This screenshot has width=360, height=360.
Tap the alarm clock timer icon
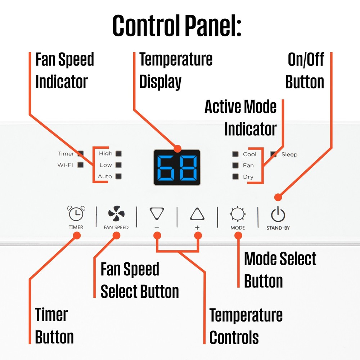coord(76,213)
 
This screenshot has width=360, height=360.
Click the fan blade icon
coord(116,213)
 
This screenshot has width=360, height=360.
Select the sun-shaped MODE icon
coord(238,214)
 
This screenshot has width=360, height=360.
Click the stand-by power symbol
coord(278,214)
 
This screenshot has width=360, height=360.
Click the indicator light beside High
coord(118,154)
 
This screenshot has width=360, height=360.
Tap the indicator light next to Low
coord(118,165)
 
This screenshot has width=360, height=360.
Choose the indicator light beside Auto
coord(118,176)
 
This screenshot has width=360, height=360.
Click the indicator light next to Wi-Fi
coord(80,165)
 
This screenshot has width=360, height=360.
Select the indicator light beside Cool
coord(235,154)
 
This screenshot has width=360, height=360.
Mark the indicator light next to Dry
coord(235,176)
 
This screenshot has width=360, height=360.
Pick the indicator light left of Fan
coord(235,165)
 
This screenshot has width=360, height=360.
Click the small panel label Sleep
coord(289,154)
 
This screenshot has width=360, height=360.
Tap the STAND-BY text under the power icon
coord(278,228)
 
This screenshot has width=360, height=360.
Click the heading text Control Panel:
coord(177,26)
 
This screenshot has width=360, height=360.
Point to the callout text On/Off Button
coord(305,71)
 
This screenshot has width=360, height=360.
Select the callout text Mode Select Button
coord(280,270)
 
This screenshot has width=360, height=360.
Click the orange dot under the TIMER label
coord(77,235)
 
